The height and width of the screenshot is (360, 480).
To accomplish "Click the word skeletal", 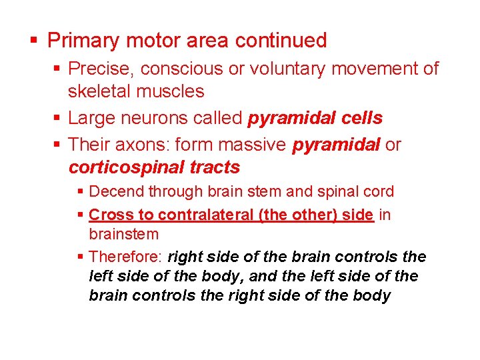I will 98,91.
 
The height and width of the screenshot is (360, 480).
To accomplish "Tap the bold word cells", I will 359,119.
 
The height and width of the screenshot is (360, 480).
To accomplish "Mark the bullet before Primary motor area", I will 35,41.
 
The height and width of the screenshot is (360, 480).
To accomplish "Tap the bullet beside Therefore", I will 81,257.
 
